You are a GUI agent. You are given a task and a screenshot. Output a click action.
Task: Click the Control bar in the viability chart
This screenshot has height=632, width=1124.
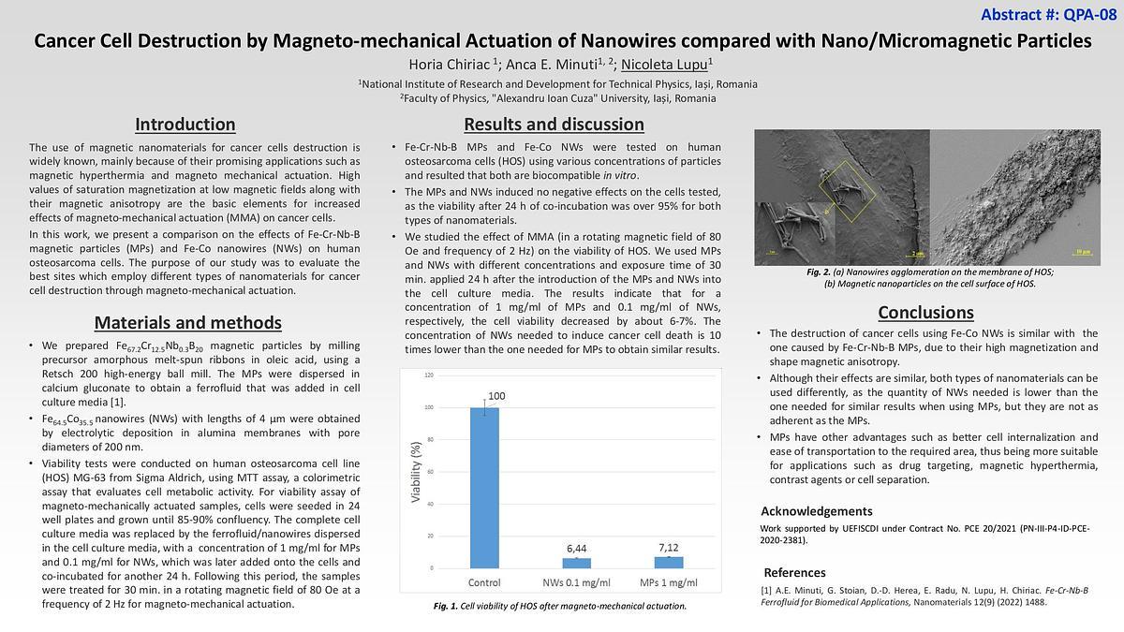coord(484,487)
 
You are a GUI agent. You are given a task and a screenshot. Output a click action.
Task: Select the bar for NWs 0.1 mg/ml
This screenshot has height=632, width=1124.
coord(576,563)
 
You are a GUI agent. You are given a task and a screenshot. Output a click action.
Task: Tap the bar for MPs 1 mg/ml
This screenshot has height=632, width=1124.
coord(668,562)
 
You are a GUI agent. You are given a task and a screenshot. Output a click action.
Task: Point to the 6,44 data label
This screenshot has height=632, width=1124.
coord(576,548)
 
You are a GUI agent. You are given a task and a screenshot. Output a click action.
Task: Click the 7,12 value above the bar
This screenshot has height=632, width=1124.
coord(668,547)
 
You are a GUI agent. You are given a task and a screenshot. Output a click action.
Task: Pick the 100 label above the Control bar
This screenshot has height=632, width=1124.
coord(496,396)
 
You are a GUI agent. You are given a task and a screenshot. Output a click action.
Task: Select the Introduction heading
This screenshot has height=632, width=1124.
coord(185,125)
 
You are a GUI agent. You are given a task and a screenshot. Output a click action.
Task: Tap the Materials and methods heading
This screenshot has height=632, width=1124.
coord(188,323)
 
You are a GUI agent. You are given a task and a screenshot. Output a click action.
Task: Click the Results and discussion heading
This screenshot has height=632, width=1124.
coord(554,125)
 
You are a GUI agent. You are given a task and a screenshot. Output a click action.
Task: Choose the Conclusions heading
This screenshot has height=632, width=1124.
coord(925,313)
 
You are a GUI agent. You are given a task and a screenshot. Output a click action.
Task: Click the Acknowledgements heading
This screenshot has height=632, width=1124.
coord(816,511)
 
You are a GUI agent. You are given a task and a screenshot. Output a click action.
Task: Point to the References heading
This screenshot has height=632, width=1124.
coord(794,572)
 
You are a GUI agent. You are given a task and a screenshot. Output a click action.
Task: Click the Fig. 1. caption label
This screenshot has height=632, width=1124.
coord(445,607)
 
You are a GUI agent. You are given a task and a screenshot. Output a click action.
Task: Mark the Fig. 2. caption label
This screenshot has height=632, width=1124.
coord(820,272)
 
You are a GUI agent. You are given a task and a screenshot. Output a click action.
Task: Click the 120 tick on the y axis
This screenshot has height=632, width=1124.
coord(430,375)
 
